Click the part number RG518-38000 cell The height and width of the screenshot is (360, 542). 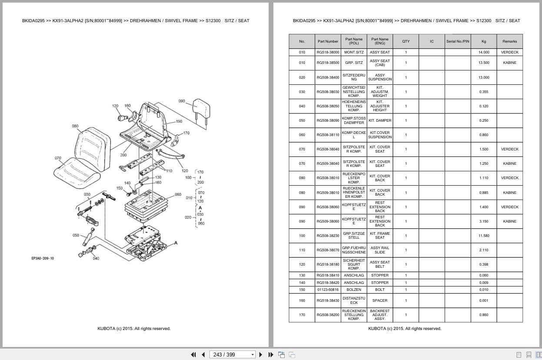pyautogui.click(x=328, y=52)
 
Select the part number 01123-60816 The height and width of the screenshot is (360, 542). pyautogui.click(x=328, y=290)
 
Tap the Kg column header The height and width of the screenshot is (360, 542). pyautogui.click(x=484, y=41)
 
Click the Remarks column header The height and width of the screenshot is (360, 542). pyautogui.click(x=509, y=41)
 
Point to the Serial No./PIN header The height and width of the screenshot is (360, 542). pyautogui.click(x=458, y=41)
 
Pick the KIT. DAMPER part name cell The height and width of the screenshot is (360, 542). pyautogui.click(x=380, y=120)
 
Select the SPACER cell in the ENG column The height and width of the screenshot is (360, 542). pyautogui.click(x=380, y=300)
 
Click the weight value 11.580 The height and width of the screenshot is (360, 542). pyautogui.click(x=484, y=236)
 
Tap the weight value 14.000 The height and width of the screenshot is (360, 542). pyautogui.click(x=484, y=52)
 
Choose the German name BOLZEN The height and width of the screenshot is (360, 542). pyautogui.click(x=354, y=290)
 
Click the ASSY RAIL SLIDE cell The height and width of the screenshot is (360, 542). pyautogui.click(x=380, y=250)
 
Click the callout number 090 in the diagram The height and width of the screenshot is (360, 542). pyautogui.click(x=182, y=101)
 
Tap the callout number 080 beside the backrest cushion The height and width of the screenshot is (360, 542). pyautogui.click(x=75, y=126)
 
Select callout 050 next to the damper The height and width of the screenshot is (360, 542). pyautogui.click(x=76, y=235)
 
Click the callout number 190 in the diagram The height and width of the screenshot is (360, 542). pyautogui.click(x=179, y=122)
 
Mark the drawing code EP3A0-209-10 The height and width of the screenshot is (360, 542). pyautogui.click(x=43, y=258)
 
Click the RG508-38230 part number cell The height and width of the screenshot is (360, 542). pyautogui.click(x=328, y=236)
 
